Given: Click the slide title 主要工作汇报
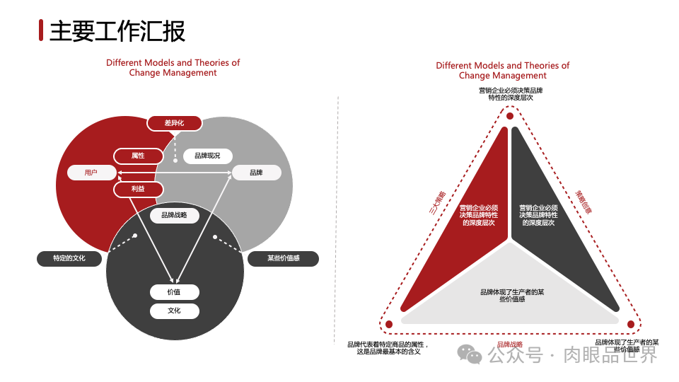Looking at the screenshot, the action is coord(117,30).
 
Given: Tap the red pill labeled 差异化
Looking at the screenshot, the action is coord(174,123).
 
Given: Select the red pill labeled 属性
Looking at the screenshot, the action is coord(138,156).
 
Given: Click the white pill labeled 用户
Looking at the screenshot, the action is coord(91,173).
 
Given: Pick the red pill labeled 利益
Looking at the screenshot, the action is coord(138,190).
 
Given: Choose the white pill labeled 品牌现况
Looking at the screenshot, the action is coord(207,156).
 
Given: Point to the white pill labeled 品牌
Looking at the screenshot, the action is coord(256,173).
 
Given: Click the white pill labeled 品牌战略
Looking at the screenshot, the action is coord(174,215).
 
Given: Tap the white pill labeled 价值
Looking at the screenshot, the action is coord(174,292).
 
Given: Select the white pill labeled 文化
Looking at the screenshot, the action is coord(174,311).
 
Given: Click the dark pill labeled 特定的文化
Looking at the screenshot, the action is coord(69,258).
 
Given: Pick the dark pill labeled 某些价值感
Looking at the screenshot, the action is coord(283,258).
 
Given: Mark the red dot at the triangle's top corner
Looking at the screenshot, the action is coord(509,116).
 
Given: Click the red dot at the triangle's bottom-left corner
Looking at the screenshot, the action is coord(389,324).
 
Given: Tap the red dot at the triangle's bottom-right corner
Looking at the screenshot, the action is coord(630,324).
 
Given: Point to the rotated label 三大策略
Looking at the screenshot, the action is coord(438,202).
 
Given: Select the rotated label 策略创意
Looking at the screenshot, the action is coord(584,201).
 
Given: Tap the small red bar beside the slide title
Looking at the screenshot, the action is coord(42,30).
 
